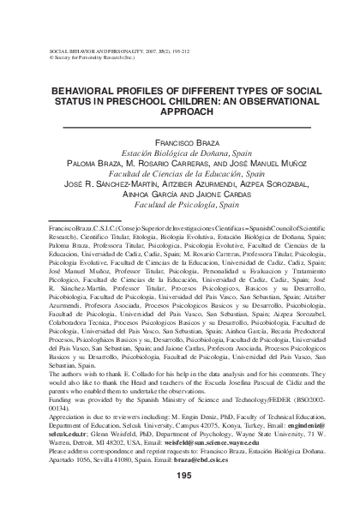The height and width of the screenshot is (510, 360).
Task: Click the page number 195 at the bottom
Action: click(181, 476)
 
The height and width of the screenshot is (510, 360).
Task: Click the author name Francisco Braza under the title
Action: click(180, 139)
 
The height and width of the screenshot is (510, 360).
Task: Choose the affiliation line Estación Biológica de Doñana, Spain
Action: click(180, 150)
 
